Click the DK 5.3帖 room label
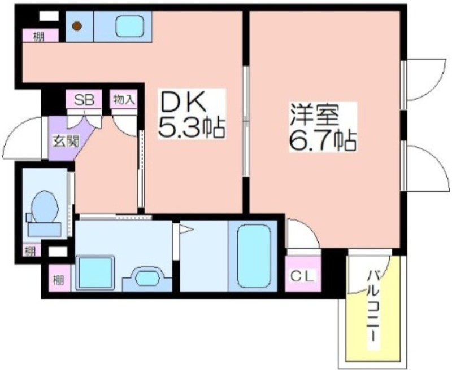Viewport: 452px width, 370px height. click(x=191, y=113)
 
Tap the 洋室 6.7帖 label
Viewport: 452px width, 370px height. click(x=323, y=127)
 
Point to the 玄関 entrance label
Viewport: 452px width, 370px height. click(x=66, y=141)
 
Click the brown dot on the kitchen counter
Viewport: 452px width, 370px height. click(x=77, y=26)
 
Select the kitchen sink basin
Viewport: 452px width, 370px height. click(x=129, y=26)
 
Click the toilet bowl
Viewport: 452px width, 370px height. click(x=45, y=206)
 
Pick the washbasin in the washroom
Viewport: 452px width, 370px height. click(x=147, y=279)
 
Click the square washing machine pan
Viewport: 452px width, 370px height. click(x=95, y=272)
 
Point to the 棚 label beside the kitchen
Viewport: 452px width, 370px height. click(x=38, y=37)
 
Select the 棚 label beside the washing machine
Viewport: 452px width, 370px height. click(x=58, y=280)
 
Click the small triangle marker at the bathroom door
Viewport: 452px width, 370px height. click(x=186, y=230)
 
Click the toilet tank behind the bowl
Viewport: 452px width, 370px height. click(x=44, y=230)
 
